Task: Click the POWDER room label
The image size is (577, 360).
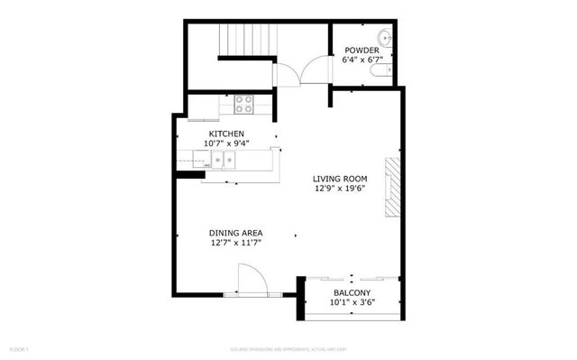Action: tap(360, 51)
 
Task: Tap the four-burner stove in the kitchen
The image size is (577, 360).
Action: tap(243, 105)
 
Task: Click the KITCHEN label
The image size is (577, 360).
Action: tap(226, 134)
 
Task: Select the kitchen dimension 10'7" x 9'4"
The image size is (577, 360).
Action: tap(226, 143)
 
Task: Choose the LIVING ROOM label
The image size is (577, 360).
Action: tap(340, 179)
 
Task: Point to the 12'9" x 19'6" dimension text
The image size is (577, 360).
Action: tap(340, 189)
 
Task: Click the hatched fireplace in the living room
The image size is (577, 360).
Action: tap(391, 188)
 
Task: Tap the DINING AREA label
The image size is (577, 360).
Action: tap(236, 233)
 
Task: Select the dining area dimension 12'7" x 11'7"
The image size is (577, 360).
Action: tap(236, 243)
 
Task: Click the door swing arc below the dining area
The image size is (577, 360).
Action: tap(250, 278)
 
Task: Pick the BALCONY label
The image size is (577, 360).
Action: tap(352, 294)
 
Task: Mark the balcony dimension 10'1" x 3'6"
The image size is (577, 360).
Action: tap(352, 304)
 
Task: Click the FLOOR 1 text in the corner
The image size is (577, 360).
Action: tap(20, 348)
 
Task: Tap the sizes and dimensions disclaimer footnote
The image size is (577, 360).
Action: tap(288, 348)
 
